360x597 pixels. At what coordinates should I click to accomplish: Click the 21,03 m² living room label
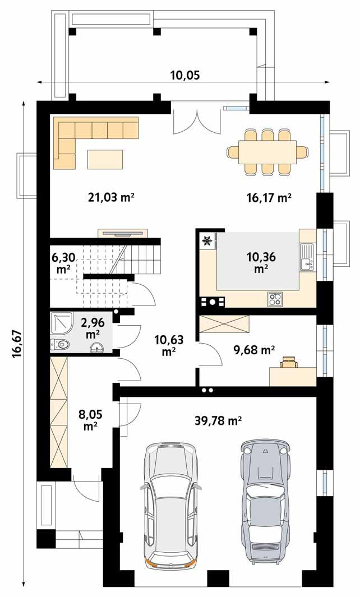112,197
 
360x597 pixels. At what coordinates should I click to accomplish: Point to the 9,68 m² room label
253,350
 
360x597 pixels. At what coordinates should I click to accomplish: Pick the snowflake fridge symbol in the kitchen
206,241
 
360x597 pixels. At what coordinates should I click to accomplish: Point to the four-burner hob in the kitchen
275,300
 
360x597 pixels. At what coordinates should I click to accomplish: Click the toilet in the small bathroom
61,344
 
